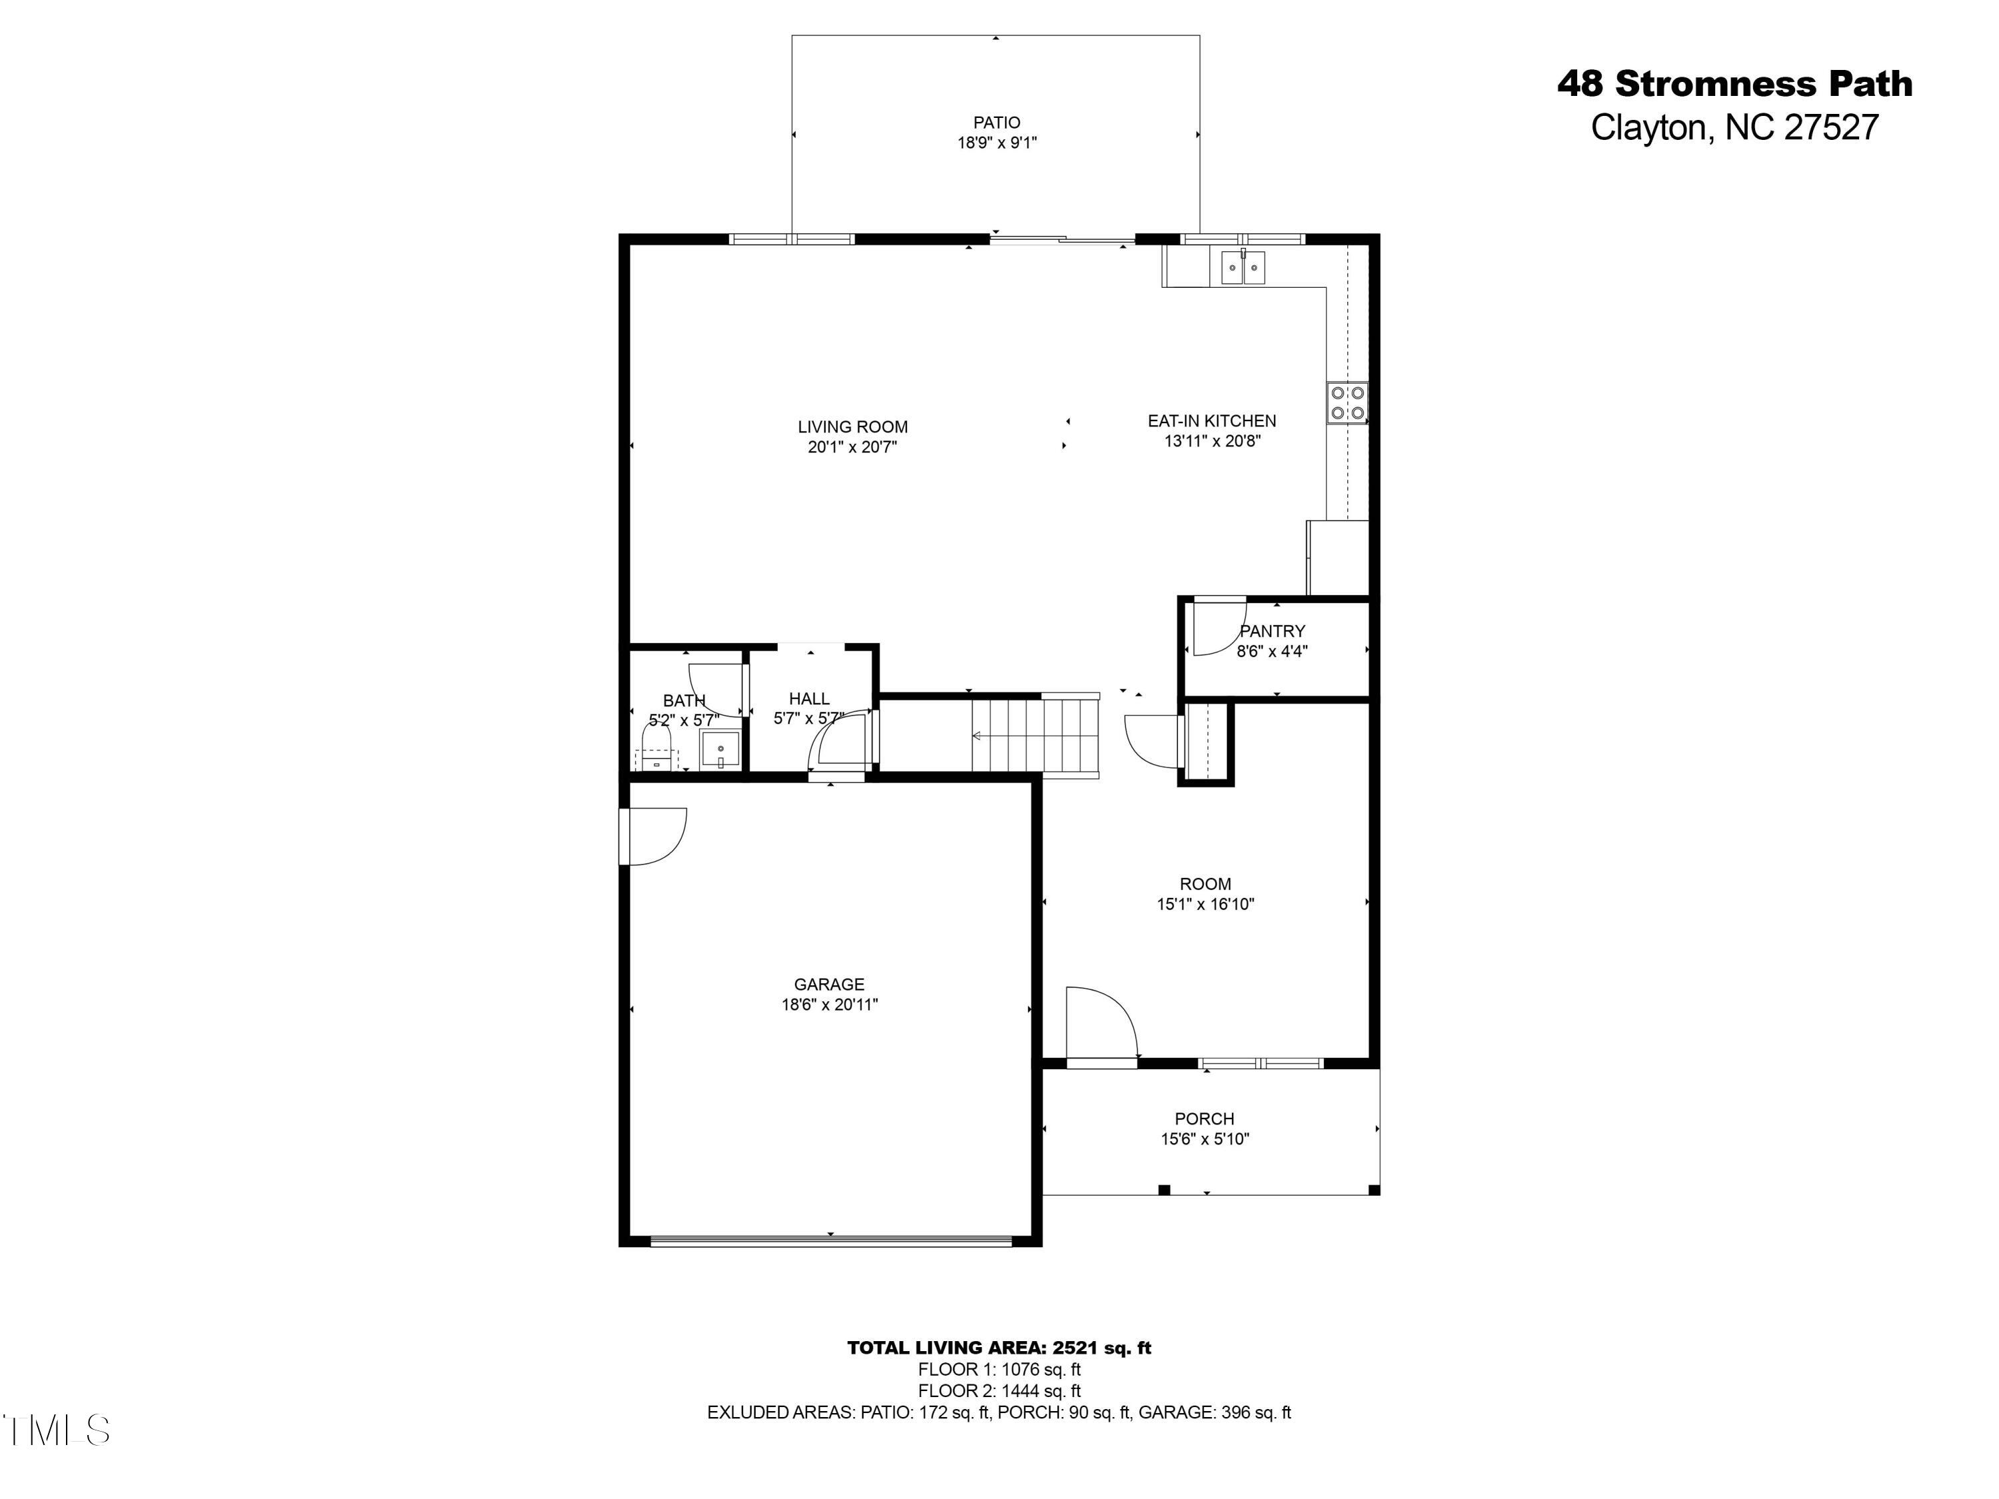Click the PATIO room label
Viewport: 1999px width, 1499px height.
pos(997,122)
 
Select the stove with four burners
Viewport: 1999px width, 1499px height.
pos(1347,403)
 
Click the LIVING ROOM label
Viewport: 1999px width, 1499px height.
pos(852,426)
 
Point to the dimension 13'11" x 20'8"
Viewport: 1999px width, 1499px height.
pos(1212,442)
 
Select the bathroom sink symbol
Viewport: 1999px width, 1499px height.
pos(720,750)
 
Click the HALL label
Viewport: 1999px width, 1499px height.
pos(809,698)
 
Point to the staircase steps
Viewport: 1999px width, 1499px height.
pos(1035,736)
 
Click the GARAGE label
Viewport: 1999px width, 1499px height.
pos(829,985)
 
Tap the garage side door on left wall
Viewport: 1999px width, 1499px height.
pos(652,837)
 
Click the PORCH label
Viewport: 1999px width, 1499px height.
pos(1204,1119)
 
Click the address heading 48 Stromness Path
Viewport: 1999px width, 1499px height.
pos(1734,84)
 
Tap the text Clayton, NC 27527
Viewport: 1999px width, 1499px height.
pos(1734,127)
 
